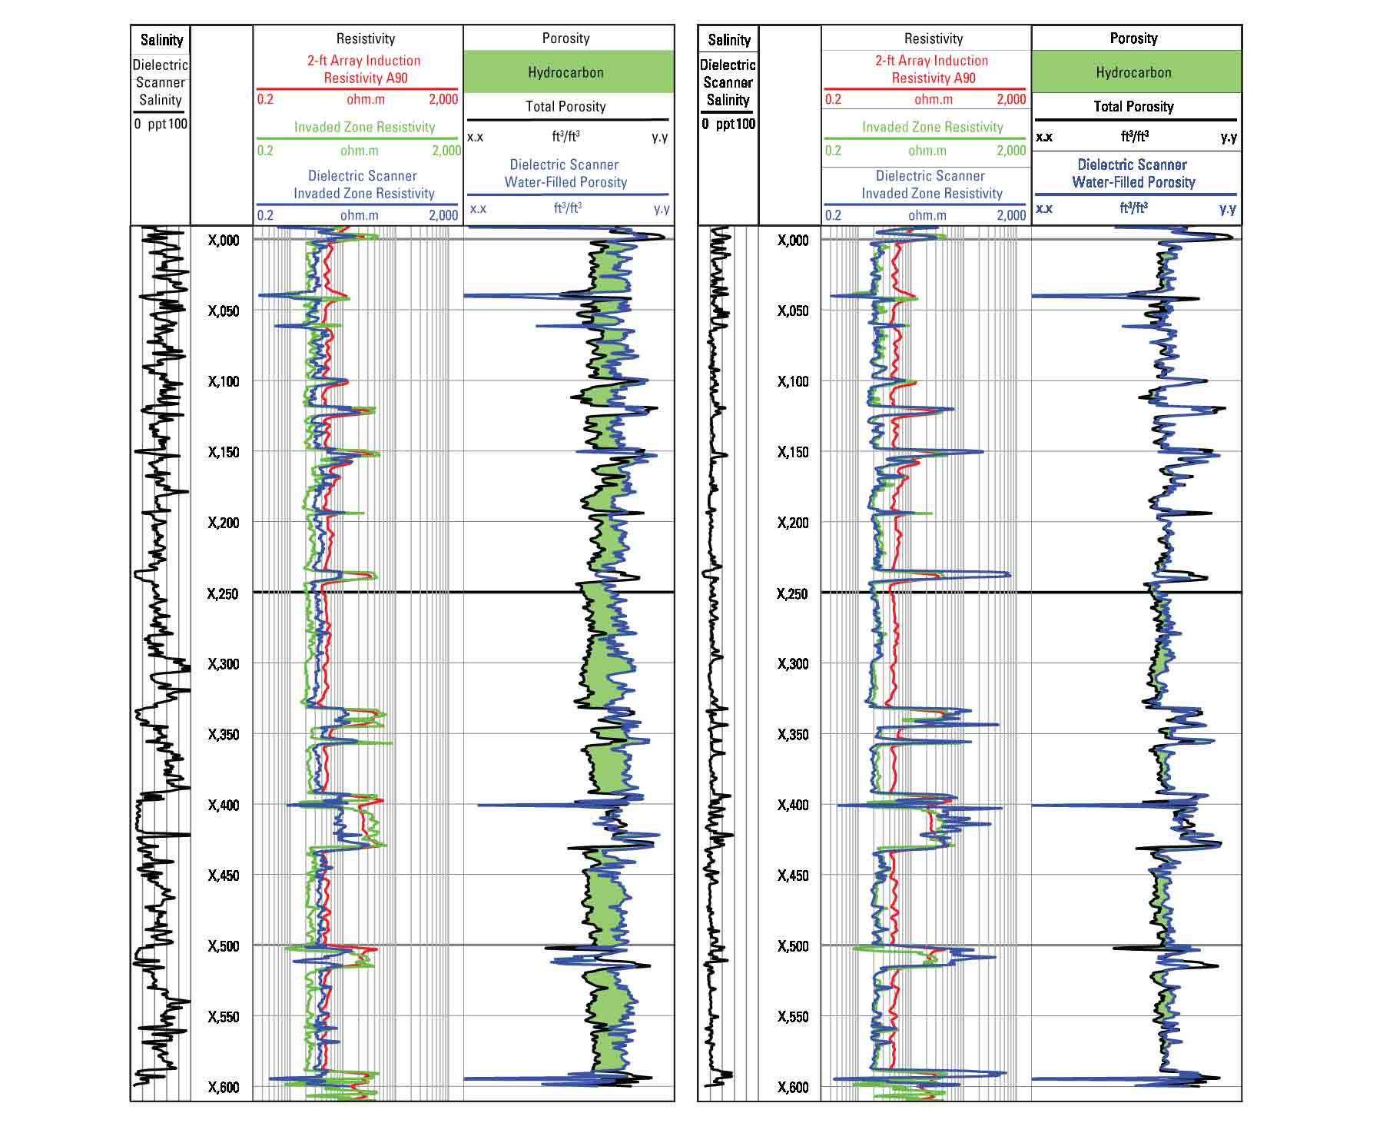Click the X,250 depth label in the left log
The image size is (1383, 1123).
223,593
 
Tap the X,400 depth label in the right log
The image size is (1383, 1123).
792,805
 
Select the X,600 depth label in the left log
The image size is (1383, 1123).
223,1087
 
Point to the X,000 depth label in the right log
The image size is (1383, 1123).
792,241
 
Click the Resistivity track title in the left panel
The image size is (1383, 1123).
365,38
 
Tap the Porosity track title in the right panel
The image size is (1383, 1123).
1133,38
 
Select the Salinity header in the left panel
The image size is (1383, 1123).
161,40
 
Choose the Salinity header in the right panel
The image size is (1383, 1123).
728,40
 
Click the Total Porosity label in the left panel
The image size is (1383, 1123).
565,107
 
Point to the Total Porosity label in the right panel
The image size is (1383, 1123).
1133,107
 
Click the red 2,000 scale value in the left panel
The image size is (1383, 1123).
443,99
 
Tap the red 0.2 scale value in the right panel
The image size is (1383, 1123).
833,99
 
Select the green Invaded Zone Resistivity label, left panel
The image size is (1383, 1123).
364,127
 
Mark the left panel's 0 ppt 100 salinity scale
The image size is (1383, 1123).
161,124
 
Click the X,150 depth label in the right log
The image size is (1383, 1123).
792,452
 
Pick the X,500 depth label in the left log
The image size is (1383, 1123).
223,946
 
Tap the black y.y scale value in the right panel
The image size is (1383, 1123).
1229,138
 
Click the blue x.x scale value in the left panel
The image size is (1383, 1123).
478,208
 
